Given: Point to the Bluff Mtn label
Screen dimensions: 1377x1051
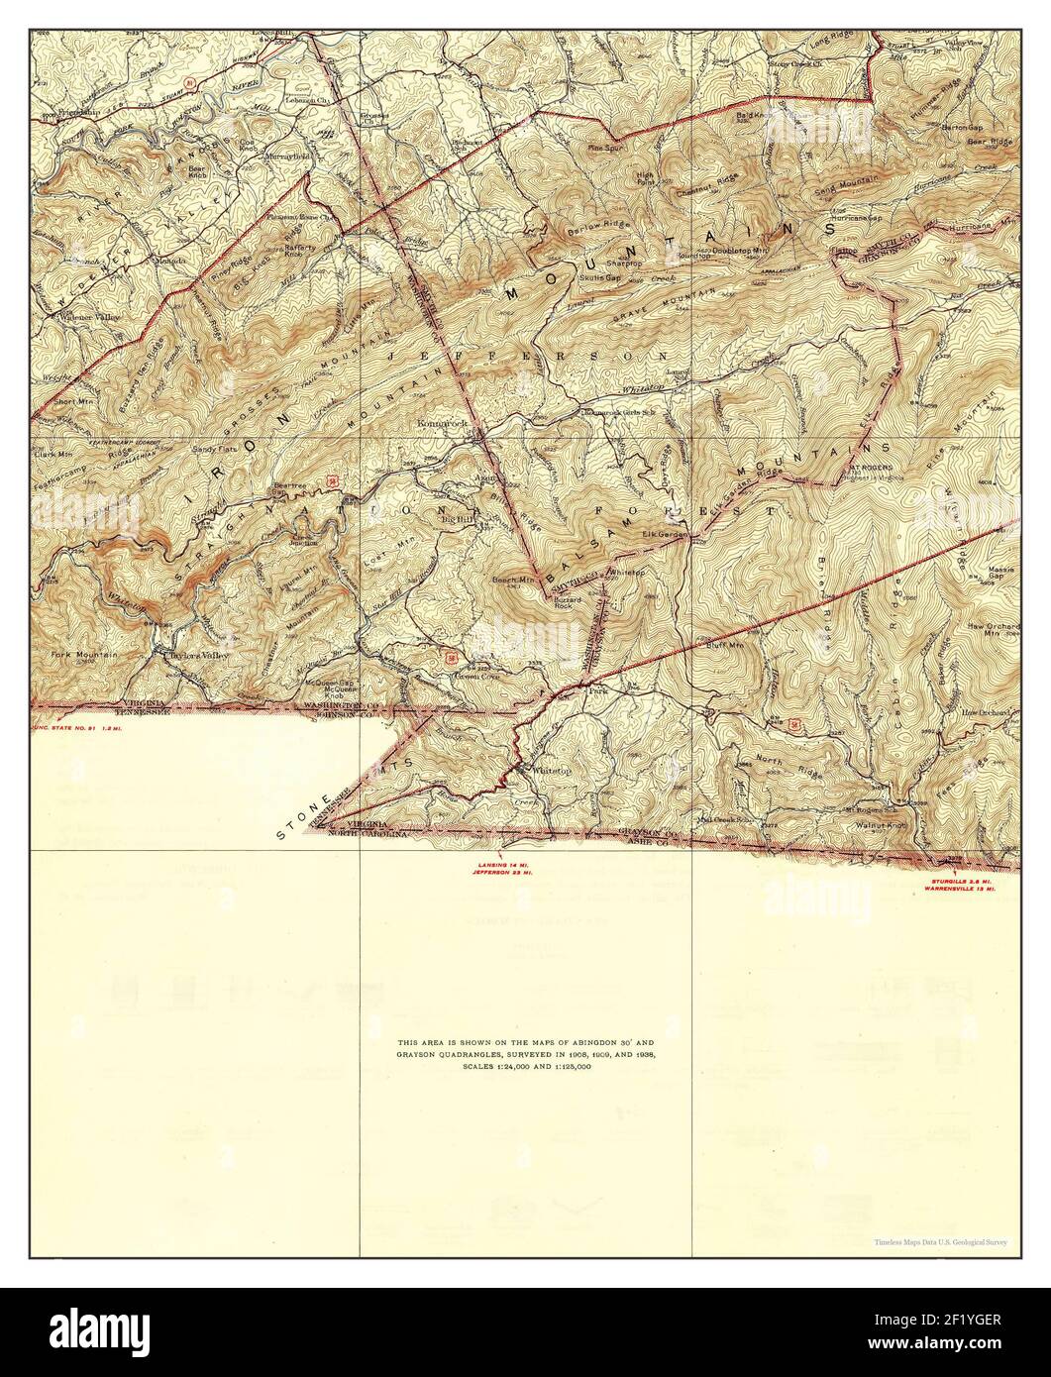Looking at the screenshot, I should (x=725, y=645).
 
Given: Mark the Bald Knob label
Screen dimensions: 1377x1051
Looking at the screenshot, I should (x=752, y=115).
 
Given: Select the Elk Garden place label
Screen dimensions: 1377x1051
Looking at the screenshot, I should (x=665, y=535).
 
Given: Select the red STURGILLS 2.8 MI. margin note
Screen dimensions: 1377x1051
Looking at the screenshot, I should (x=960, y=880).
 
